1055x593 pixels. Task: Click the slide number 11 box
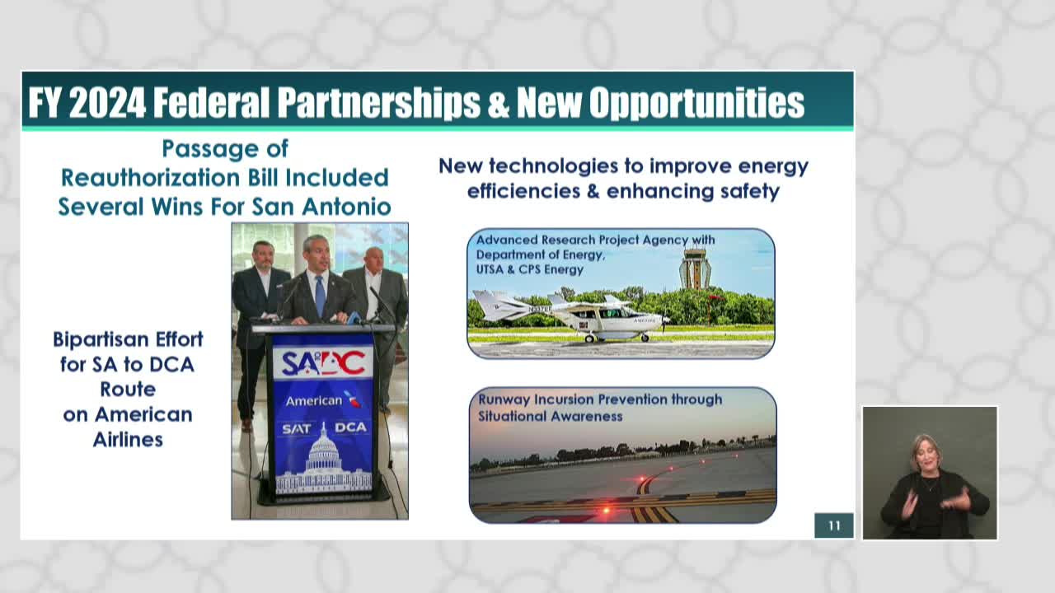833,525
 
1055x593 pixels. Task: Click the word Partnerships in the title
378,103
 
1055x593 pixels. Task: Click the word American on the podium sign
313,401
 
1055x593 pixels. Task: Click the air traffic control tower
695,268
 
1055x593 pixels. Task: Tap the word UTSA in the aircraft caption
496,269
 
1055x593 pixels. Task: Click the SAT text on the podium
298,428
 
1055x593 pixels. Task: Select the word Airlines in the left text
128,439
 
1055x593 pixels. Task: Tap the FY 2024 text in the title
87,103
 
